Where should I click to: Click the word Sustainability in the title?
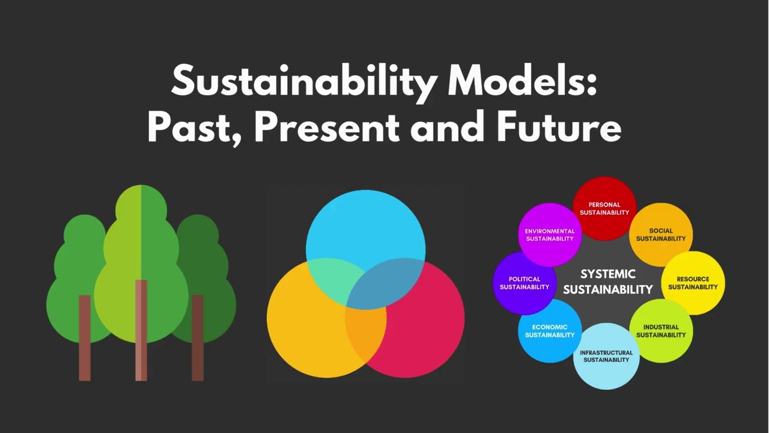(x=304, y=81)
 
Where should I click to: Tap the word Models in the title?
(x=521, y=81)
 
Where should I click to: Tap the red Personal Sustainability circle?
(x=604, y=208)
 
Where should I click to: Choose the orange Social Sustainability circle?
(x=661, y=235)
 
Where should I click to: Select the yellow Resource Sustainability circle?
(x=693, y=283)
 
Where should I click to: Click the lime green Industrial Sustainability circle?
(x=661, y=331)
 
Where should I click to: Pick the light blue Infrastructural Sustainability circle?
(x=606, y=356)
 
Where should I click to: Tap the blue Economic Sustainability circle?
(x=550, y=331)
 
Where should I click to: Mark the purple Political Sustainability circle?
(x=524, y=283)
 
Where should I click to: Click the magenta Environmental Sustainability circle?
(x=550, y=235)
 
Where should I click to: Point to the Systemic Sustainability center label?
(x=607, y=281)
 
